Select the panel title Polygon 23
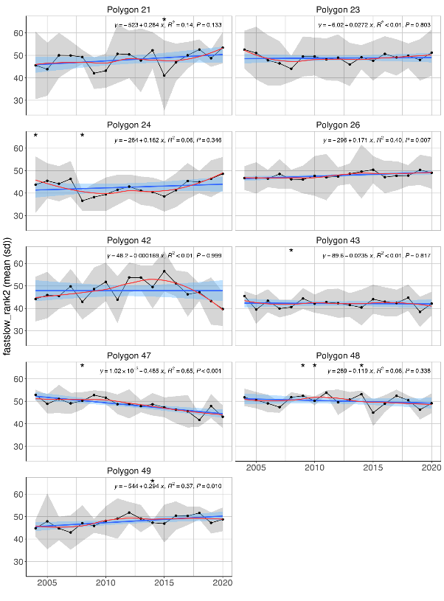[338, 8]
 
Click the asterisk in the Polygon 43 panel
[291, 252]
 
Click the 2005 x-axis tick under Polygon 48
[257, 468]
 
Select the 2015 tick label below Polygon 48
[373, 468]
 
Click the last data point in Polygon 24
[222, 173]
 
